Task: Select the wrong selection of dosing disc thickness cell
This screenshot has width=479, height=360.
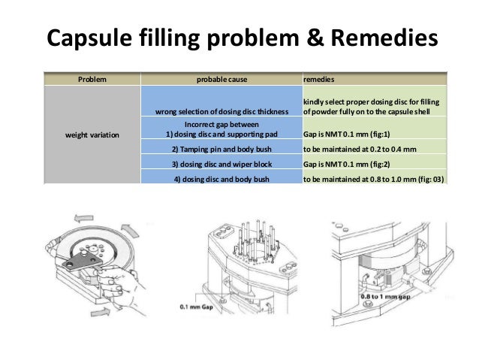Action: click(222, 113)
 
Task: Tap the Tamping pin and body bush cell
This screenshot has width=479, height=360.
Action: click(222, 150)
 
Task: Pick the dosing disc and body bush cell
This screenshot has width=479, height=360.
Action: click(222, 178)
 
